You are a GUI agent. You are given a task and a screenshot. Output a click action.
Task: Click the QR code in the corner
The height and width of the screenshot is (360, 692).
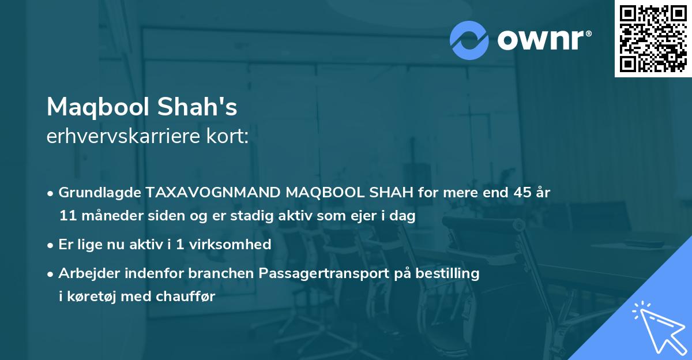[653, 38]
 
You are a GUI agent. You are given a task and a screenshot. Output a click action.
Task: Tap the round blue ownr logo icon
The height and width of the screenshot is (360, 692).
[469, 40]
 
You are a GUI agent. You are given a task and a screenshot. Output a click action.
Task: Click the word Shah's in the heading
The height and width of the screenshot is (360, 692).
[208, 107]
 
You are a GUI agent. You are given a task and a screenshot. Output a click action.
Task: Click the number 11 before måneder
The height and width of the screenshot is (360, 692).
[66, 216]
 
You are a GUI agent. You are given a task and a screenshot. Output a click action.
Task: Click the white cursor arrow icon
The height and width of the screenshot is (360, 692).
[659, 327]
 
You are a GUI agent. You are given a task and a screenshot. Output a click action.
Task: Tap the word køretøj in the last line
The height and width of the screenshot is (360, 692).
[92, 297]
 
